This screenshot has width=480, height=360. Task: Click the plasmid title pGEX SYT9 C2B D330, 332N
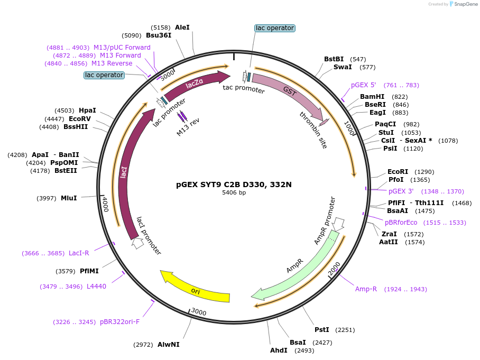point(234,185)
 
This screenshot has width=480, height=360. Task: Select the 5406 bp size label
point(234,193)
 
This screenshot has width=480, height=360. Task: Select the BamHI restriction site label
point(372,97)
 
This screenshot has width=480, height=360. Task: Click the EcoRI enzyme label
point(398,172)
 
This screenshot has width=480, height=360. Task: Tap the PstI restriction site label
point(321,330)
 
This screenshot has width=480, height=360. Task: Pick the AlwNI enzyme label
point(168,345)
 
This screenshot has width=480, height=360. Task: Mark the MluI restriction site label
point(69,198)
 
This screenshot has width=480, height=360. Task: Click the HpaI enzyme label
point(87,110)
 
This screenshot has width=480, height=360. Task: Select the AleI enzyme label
point(182,27)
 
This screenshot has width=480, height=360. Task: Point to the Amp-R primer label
point(366,289)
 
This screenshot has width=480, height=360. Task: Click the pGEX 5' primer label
point(363,85)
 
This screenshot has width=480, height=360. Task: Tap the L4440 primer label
point(96,287)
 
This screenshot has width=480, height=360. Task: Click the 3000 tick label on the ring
point(198,312)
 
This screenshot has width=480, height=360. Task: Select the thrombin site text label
point(313,130)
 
